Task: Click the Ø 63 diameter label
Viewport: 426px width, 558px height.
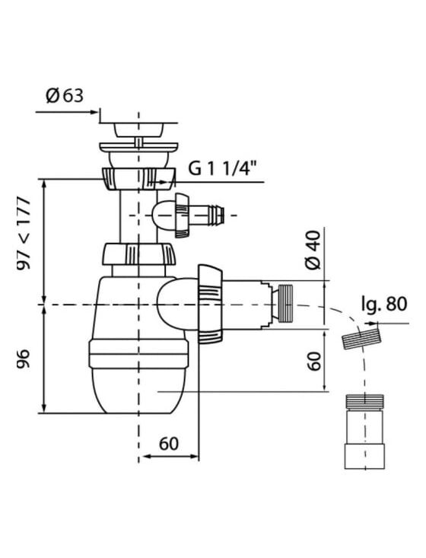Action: pyautogui.click(x=65, y=96)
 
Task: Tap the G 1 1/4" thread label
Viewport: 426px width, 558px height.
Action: pyautogui.click(x=222, y=168)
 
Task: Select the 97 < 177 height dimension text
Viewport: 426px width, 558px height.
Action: pyautogui.click(x=24, y=234)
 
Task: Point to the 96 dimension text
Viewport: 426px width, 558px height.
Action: pyautogui.click(x=24, y=359)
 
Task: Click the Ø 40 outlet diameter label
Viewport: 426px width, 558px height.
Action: pyautogui.click(x=313, y=250)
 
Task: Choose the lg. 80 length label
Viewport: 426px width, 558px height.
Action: pyautogui.click(x=384, y=305)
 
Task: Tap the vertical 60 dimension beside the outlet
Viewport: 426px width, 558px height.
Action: pyautogui.click(x=314, y=361)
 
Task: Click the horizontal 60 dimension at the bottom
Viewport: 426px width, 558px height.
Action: pyautogui.click(x=169, y=443)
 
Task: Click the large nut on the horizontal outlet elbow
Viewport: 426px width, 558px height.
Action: pyautogui.click(x=210, y=305)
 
